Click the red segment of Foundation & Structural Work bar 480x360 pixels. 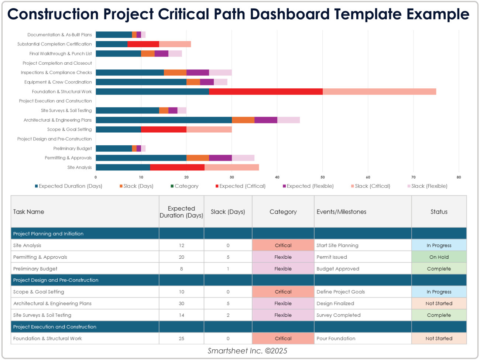pyautogui.click(x=265, y=92)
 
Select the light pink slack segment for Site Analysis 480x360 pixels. pyautogui.click(x=232, y=167)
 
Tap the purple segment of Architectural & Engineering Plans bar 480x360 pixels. pyautogui.click(x=265, y=120)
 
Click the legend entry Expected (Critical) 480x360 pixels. pyautogui.click(x=240, y=186)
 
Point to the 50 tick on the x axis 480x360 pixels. pyautogui.click(x=322, y=177)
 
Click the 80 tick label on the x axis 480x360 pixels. pyautogui.click(x=459, y=177)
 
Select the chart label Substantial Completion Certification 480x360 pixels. pyautogui.click(x=55, y=44)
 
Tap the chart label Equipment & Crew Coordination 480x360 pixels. pyautogui.click(x=58, y=82)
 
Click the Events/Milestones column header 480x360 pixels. pyautogui.click(x=341, y=212)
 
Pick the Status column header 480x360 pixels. pyautogui.click(x=439, y=212)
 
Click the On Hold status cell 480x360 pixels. pyautogui.click(x=439, y=257)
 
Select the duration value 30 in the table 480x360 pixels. pyautogui.click(x=181, y=303)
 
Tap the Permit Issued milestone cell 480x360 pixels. pyautogui.click(x=332, y=257)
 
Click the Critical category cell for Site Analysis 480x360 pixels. pyautogui.click(x=283, y=245)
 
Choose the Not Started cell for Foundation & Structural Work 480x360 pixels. pyautogui.click(x=439, y=339)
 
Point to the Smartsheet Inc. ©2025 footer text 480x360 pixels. pyautogui.click(x=247, y=351)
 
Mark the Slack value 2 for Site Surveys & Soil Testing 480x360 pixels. pyautogui.click(x=228, y=315)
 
